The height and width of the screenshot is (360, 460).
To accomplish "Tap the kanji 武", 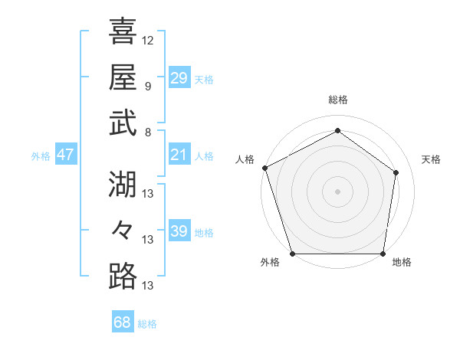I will [x=123, y=124].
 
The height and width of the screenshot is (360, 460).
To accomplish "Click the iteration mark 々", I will [x=123, y=230].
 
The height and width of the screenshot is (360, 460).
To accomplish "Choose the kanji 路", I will [x=123, y=277].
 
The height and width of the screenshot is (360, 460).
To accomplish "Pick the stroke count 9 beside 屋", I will [x=147, y=87].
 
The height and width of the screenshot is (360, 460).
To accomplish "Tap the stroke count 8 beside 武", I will [x=147, y=133].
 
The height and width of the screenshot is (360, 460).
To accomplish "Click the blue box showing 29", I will [x=179, y=78].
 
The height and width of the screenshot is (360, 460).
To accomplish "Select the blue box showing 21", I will [x=179, y=155].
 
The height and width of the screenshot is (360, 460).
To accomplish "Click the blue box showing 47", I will [x=65, y=155].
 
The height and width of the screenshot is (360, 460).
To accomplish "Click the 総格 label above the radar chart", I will [x=337, y=100].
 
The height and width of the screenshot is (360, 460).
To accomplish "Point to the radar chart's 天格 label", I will [x=431, y=159].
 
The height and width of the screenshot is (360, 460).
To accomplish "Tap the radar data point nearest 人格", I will [x=264, y=168].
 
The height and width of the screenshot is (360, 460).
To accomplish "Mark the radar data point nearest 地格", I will [x=383, y=254].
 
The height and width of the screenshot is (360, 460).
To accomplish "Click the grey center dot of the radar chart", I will [x=337, y=191].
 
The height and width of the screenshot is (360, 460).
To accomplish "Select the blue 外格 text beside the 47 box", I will [x=41, y=156].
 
